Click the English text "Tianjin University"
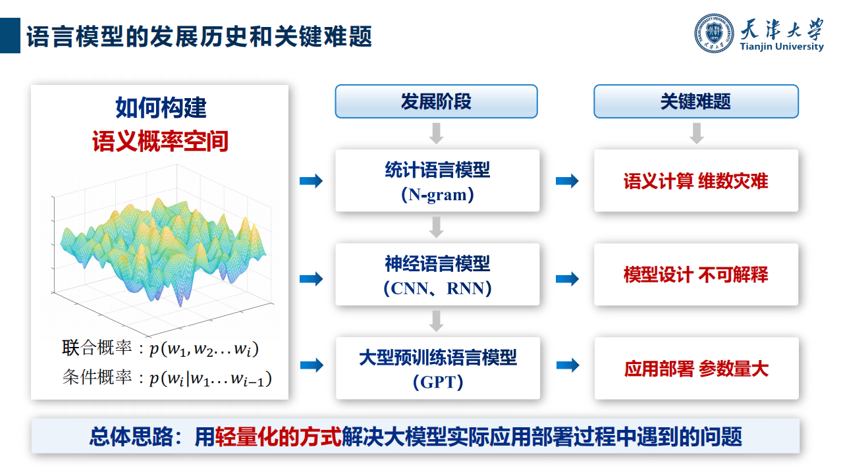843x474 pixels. click(x=782, y=47)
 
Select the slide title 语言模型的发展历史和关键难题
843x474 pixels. click(x=199, y=36)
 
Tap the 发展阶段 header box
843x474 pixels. click(x=436, y=101)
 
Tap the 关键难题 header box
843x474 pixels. click(x=695, y=101)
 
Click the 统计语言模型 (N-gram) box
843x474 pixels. click(x=437, y=181)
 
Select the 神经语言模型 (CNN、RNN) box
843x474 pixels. click(x=437, y=275)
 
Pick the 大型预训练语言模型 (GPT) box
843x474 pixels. click(x=437, y=368)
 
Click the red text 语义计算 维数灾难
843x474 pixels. click(x=695, y=181)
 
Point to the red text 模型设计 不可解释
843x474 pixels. click(x=695, y=275)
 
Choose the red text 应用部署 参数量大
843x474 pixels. click(x=695, y=368)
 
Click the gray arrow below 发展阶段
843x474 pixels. click(x=436, y=134)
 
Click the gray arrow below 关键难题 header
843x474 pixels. click(x=697, y=134)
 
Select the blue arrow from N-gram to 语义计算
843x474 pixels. click(x=567, y=181)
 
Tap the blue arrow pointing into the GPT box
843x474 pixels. click(x=311, y=365)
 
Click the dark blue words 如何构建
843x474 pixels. click(x=160, y=107)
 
